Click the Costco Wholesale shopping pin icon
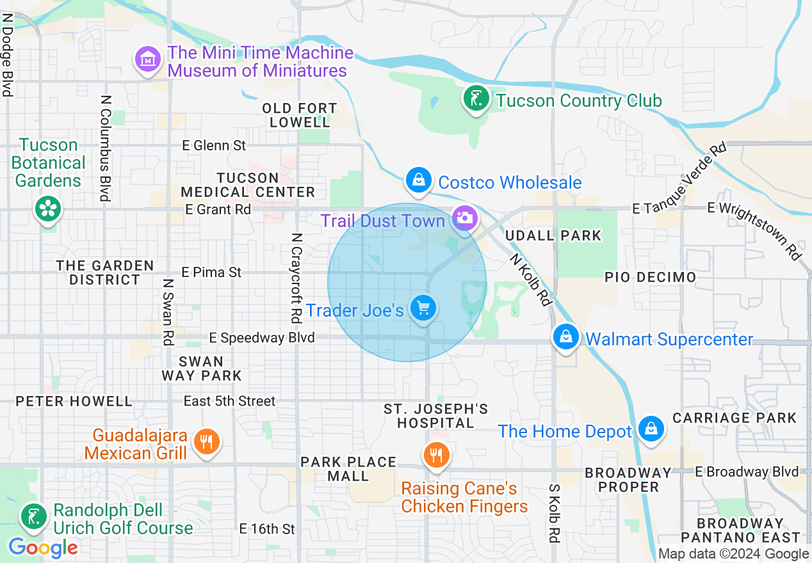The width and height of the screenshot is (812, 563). coord(418,180)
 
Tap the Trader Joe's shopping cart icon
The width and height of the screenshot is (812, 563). coord(423,308)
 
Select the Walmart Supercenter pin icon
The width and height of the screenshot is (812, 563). coord(566,337)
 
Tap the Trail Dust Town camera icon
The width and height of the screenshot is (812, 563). coord(464,218)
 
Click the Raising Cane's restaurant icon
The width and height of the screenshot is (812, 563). coord(437,455)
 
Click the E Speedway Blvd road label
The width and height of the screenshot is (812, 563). coord(262,337)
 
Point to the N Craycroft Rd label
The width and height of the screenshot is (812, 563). coord(296,277)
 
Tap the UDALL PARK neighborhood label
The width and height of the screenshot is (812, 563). coord(553,235)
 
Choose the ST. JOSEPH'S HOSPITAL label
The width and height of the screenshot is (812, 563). coord(436,416)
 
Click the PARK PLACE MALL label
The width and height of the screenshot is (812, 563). coord(348,469)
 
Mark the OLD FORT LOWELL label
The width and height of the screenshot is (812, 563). coord(300,115)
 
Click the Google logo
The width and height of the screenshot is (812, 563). coord(43,548)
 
